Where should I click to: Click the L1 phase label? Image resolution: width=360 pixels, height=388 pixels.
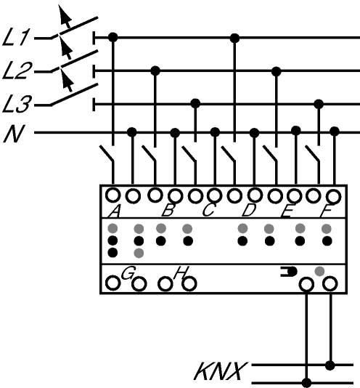pos(16,37)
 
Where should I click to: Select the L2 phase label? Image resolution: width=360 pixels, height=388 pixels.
pos(17,71)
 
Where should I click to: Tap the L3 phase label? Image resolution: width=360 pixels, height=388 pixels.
pos(17,104)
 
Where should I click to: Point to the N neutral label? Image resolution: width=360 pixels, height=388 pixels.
pos(15,134)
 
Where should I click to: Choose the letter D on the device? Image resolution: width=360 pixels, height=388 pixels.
pos(249,211)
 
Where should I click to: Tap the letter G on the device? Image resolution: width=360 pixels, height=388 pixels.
pos(128,273)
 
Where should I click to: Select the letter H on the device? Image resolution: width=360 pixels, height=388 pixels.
pos(181,272)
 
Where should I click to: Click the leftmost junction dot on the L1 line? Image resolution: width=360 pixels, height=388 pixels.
pos(113,38)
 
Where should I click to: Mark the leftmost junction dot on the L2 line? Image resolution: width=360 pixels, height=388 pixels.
pos(155,71)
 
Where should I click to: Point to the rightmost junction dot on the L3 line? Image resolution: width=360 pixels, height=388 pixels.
pos(319,104)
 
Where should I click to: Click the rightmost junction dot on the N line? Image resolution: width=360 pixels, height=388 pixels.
pos(335,131)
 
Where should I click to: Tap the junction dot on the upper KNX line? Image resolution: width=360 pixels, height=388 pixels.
pos(330,365)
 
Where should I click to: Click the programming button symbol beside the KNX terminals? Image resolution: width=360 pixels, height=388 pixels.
pos(289,272)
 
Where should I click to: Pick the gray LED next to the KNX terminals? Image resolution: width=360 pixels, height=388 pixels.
pos(319,272)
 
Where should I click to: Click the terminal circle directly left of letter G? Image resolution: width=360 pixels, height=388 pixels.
pos(113,283)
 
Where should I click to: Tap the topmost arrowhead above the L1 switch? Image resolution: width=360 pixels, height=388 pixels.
pos(65,14)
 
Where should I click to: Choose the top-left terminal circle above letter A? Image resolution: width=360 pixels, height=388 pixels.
pos(113,195)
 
